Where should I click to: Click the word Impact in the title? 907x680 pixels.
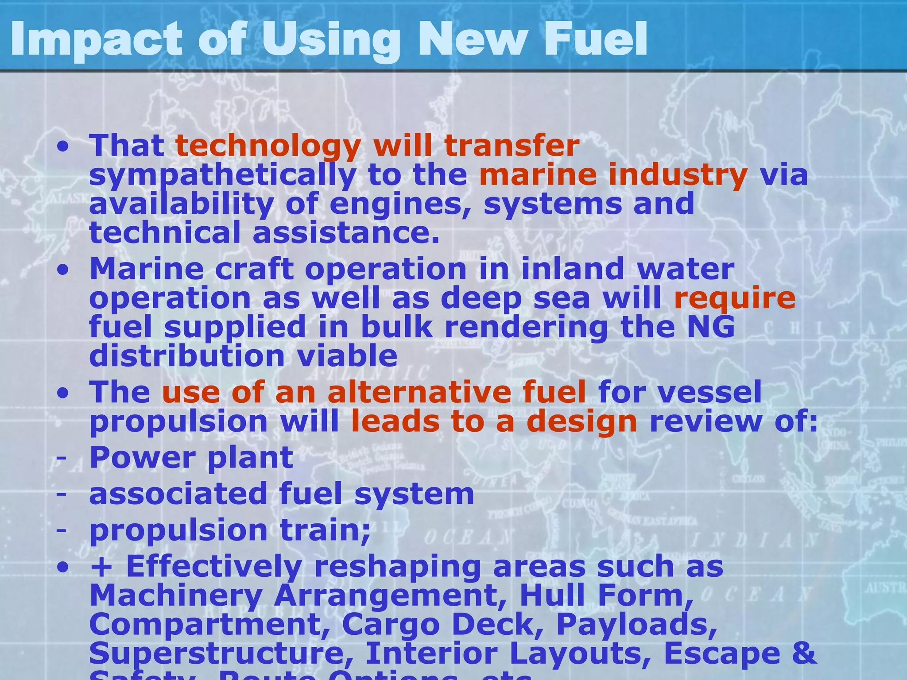point(96,40)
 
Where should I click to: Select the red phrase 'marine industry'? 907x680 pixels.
point(613,174)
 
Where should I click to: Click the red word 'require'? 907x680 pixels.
point(734,297)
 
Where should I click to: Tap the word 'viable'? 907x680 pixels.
point(347,356)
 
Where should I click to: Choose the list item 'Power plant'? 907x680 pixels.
point(191,457)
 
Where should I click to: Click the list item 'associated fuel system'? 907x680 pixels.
point(282,494)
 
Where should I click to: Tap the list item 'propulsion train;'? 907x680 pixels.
point(230,530)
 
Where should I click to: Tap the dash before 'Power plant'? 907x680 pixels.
point(62,457)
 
